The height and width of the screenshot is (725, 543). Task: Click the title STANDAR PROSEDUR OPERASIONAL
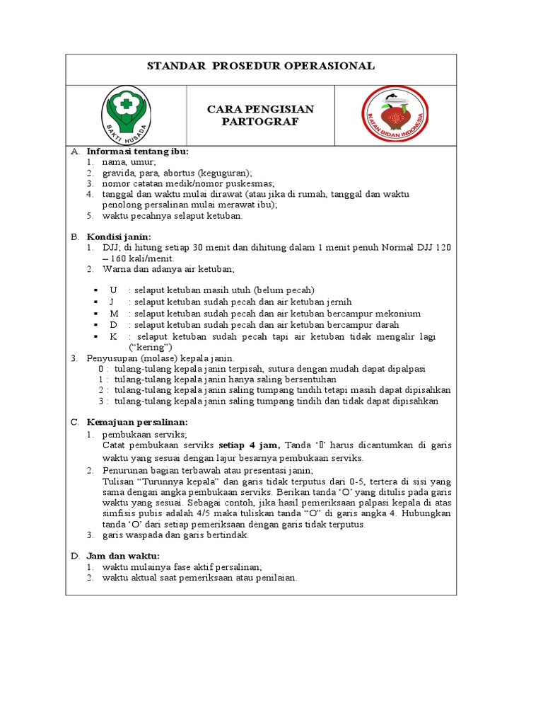[x=260, y=67]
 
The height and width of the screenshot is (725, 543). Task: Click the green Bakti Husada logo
[x=127, y=113]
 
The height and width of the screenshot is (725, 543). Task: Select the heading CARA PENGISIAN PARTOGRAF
[x=260, y=115]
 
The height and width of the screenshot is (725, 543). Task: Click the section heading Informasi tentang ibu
[x=137, y=152]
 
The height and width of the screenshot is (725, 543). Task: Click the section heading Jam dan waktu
[x=123, y=556]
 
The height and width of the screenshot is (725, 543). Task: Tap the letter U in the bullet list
[x=113, y=290]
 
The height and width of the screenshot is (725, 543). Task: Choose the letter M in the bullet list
[x=113, y=314]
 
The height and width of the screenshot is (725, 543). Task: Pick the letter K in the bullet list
[x=113, y=337]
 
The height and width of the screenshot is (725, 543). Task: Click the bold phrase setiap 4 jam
[x=250, y=445]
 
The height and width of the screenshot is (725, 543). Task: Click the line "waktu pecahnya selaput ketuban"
[x=172, y=216]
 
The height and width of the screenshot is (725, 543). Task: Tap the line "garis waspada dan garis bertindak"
[x=175, y=535]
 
